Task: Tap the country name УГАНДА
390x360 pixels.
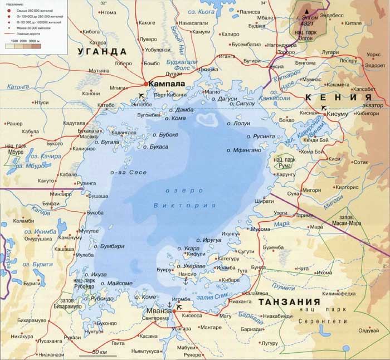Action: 97,51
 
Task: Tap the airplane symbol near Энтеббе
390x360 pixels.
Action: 140,95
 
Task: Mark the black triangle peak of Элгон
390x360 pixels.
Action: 309,11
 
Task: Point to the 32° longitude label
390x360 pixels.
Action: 103,3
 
